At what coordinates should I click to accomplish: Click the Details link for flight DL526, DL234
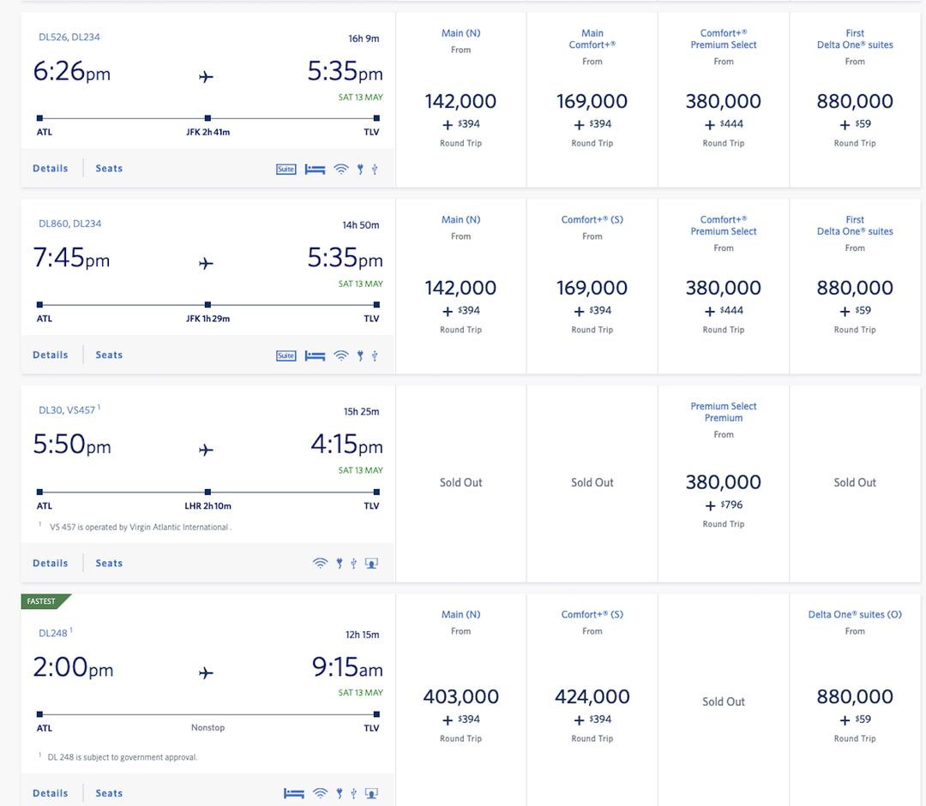tap(50, 169)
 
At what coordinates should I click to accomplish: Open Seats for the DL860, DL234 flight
tap(109, 355)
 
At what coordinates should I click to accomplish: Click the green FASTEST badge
tap(43, 601)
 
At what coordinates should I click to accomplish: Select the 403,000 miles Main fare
tap(461, 697)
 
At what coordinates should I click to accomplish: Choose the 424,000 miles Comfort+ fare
tap(592, 697)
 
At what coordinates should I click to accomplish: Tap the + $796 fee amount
tap(724, 505)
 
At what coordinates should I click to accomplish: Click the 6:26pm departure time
tap(72, 72)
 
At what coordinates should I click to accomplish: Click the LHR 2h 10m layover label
tap(207, 506)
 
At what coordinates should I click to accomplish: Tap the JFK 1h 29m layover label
tap(207, 319)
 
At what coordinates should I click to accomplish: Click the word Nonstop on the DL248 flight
tap(207, 728)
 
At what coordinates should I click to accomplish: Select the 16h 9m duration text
tap(364, 39)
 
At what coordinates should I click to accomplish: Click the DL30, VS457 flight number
tap(68, 410)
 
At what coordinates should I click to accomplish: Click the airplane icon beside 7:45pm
tap(206, 264)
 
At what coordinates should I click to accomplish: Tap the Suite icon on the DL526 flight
tap(286, 169)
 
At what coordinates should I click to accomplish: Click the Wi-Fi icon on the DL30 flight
tap(320, 564)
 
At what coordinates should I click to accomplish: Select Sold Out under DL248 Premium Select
tap(724, 702)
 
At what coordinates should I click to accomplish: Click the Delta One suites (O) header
tap(855, 615)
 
